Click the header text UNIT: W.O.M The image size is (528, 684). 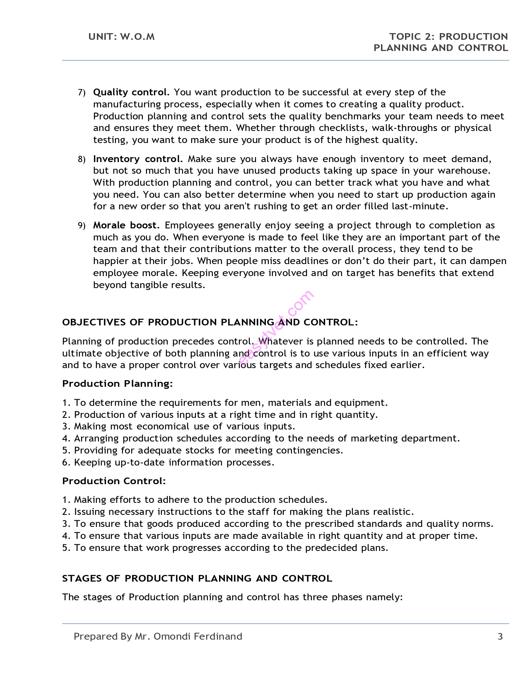point(121,36)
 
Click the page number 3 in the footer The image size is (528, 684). point(500,636)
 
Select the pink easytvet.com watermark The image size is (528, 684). point(276,328)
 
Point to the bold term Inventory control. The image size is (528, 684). point(138,159)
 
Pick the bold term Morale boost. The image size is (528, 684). point(126,225)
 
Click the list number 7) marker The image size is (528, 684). point(82,92)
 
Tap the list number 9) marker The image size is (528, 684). point(82,226)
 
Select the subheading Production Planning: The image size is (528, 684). point(117,383)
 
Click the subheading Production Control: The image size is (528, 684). point(114,481)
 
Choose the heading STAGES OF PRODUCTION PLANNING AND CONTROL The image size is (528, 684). point(197,578)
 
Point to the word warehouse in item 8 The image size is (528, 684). point(463,170)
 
